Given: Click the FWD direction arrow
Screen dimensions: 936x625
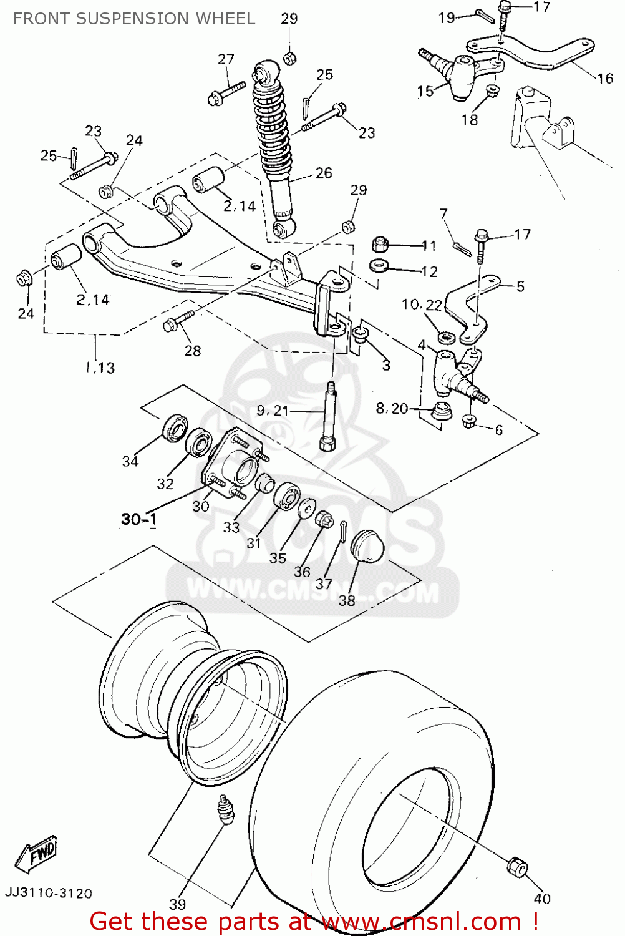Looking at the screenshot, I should point(36,852).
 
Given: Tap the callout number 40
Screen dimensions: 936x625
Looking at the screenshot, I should point(542,898).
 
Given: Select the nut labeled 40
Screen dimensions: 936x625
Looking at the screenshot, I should point(516,867).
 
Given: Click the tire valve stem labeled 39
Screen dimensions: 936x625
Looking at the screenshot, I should point(225,810).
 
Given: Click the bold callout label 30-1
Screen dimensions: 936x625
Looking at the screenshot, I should point(139,519).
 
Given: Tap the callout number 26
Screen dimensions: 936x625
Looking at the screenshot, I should point(324,173).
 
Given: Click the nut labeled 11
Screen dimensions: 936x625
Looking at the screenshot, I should point(380,244).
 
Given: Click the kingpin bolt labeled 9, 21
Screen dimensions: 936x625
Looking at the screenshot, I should point(329,416).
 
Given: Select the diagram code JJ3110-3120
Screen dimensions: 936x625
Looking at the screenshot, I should point(49,893).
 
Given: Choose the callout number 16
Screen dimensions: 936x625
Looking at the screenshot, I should point(605,78).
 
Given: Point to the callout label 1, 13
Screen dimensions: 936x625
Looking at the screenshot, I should point(100,368).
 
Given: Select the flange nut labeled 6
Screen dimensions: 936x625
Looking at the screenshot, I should point(470,421).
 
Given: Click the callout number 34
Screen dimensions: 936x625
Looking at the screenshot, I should point(130,461).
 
